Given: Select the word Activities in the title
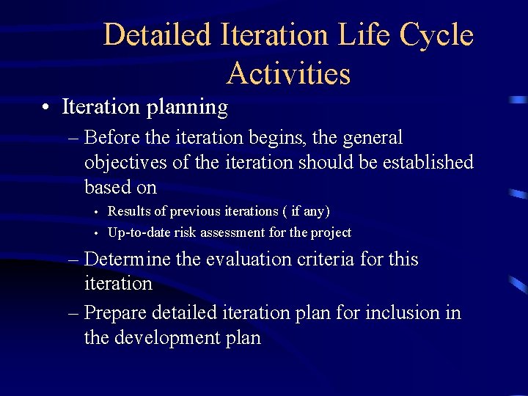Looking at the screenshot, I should point(288,73).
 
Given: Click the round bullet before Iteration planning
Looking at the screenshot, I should point(46,108).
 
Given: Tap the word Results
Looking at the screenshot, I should point(133,211).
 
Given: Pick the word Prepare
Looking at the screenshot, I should point(116,313).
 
